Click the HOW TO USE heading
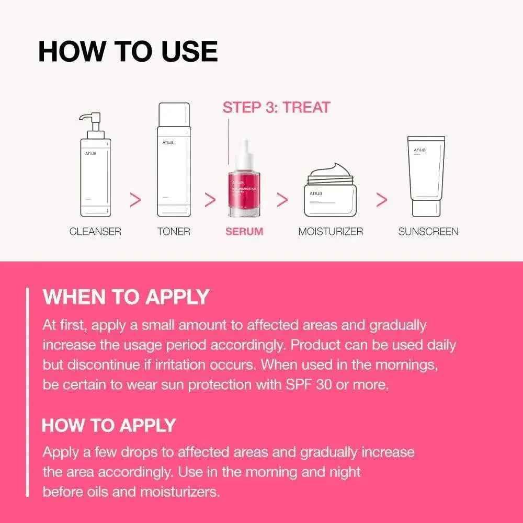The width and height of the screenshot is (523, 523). click(x=128, y=52)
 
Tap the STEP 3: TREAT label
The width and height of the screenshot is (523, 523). click(x=276, y=108)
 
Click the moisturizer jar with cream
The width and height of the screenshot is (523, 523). click(x=330, y=194)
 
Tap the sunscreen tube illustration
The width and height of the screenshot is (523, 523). click(x=427, y=176)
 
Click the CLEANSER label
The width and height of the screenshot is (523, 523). click(x=95, y=231)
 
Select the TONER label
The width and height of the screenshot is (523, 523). click(x=174, y=231)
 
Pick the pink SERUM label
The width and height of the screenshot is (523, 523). click(x=244, y=231)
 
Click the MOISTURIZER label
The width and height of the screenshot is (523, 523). click(x=331, y=231)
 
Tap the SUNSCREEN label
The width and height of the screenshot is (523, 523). click(x=428, y=231)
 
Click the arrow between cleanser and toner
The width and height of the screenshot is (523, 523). click(x=135, y=200)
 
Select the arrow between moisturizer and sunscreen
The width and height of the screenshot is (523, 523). click(x=382, y=200)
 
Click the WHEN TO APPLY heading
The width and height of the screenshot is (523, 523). click(x=126, y=297)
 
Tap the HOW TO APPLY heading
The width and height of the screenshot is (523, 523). click(x=109, y=425)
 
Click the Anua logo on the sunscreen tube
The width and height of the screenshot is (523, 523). click(x=419, y=150)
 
